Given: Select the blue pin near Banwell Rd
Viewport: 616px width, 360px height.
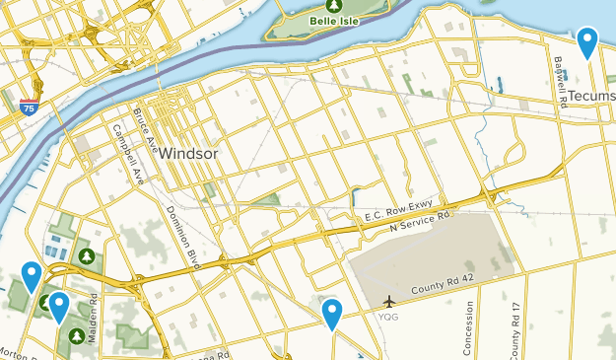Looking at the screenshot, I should tap(587, 41).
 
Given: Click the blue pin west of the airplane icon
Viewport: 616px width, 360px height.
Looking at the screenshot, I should tap(332, 314).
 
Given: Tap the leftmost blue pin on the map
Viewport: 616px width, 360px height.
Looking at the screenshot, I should tap(32, 276).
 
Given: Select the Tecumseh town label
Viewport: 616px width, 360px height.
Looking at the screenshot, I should tap(591, 98).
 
